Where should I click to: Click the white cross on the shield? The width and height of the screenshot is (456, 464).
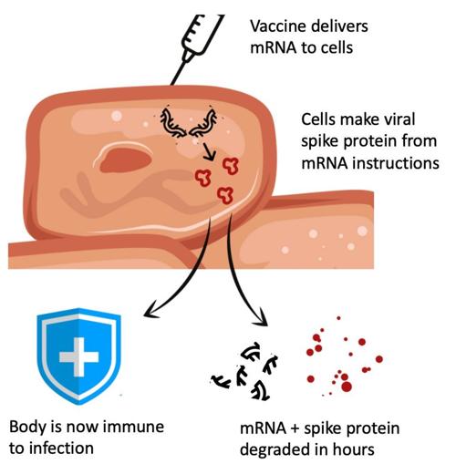[x=79, y=356]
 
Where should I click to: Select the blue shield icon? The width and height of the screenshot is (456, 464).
[x=79, y=356]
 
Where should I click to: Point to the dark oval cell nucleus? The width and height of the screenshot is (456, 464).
[x=126, y=160]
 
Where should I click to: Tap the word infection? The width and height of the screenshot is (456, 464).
[x=61, y=449]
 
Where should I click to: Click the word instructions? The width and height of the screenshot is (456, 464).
[x=395, y=163]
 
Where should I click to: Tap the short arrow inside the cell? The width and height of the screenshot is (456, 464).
[x=209, y=151]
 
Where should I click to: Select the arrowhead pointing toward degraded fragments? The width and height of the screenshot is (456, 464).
[x=261, y=317]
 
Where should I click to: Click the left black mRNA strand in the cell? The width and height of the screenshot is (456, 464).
[x=172, y=123]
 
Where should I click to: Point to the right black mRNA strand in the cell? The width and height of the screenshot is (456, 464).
[x=203, y=123]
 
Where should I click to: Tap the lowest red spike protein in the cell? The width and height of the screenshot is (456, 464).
[x=225, y=195]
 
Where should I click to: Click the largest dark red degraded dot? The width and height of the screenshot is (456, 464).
[x=347, y=387]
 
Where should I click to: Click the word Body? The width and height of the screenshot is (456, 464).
[x=27, y=428]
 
